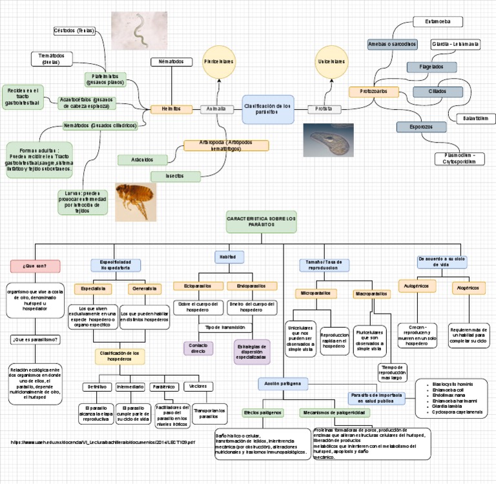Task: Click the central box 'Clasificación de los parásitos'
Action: tap(268, 109)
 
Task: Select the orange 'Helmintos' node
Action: tap(171, 109)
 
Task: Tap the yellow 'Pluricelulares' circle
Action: tap(218, 61)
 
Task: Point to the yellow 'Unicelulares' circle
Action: tap(331, 61)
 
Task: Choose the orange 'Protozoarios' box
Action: tap(374, 92)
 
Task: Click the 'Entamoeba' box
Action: tap(438, 22)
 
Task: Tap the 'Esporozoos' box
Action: tap(421, 127)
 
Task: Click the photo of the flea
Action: tap(136, 200)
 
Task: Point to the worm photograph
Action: tap(139, 30)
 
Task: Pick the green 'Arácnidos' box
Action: tap(142, 159)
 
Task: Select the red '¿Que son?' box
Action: tap(36, 265)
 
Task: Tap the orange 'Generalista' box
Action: tap(145, 288)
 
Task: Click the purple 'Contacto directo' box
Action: tap(198, 348)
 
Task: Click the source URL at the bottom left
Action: tap(103, 442)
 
